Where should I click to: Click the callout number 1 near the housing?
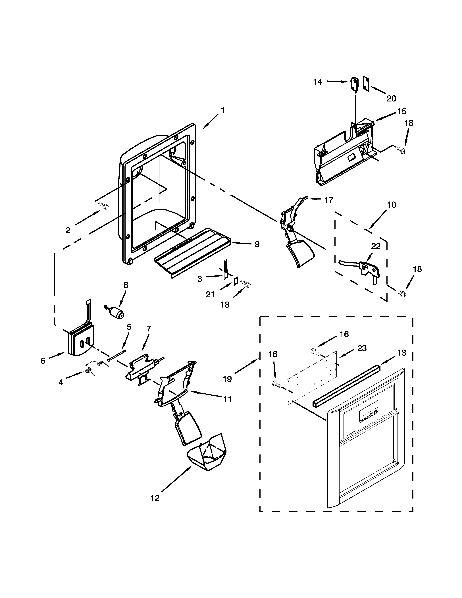point(223,110)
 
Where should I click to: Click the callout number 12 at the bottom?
point(155,498)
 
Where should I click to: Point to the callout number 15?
point(402,111)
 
